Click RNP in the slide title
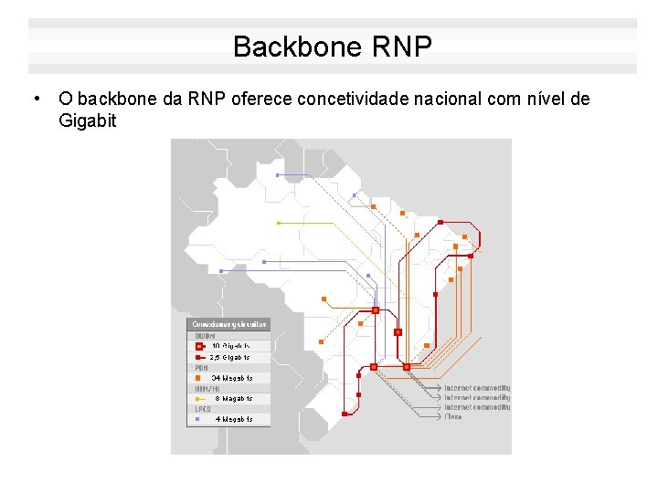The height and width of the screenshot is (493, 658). (402, 47)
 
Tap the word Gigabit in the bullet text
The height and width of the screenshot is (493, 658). (88, 121)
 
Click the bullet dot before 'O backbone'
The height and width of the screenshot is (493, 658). (34, 98)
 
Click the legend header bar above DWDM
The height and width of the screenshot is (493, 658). (228, 324)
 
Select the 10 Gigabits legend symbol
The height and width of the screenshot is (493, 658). (198, 347)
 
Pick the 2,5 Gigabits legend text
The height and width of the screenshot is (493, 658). (229, 357)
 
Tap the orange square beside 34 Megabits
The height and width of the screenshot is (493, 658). (197, 378)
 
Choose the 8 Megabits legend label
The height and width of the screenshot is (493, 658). (233, 399)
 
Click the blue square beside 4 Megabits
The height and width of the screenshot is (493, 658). (197, 420)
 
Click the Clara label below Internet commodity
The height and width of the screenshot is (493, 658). (453, 416)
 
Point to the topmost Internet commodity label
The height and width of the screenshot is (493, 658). (477, 388)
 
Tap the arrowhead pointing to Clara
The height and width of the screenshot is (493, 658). (440, 416)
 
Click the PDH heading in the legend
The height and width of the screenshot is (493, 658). (200, 368)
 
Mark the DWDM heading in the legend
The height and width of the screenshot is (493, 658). (205, 336)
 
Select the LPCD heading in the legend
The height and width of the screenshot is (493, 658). (202, 410)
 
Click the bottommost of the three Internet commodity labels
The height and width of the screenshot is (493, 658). (477, 407)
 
